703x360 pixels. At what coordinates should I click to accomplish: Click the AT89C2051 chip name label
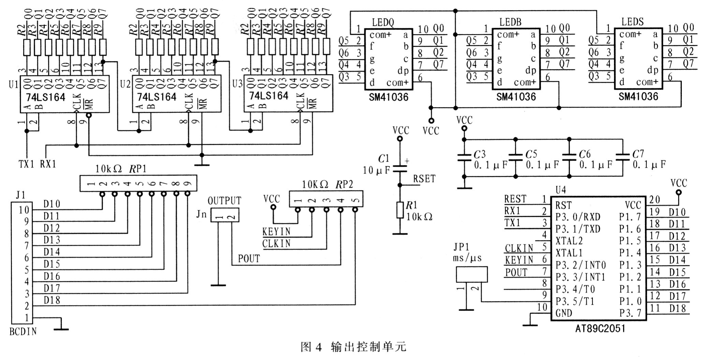600,328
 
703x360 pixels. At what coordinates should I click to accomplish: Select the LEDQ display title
383,23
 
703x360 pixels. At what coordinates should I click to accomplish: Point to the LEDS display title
632,22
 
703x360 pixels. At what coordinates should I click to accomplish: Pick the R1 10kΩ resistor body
400,210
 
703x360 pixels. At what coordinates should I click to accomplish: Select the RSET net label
424,179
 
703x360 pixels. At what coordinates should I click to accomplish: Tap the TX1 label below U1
27,164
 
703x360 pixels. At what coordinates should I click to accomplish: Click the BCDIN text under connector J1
23,331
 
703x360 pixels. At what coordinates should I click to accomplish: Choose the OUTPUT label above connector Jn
224,201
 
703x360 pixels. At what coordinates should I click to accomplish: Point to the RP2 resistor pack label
344,184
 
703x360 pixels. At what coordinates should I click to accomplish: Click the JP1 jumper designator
462,247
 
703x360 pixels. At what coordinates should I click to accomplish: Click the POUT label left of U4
516,273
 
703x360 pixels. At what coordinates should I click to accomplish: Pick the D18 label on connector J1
52,300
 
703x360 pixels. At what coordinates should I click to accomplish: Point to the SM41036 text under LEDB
516,97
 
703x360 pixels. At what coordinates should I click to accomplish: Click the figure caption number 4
319,347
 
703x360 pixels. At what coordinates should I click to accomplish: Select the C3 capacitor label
480,154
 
